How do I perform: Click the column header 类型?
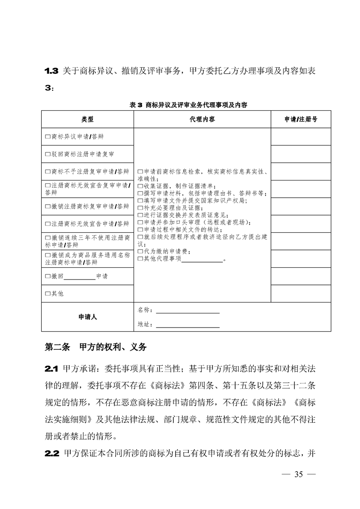click(x=88, y=119)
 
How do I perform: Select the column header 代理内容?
click(x=202, y=119)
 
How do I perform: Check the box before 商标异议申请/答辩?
click(x=48, y=136)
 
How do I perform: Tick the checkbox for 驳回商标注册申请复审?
click(x=48, y=154)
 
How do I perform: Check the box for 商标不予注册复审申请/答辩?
click(x=48, y=171)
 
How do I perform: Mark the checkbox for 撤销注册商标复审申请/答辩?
click(x=48, y=206)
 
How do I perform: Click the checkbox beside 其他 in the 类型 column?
click(x=48, y=294)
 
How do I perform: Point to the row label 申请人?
click(x=88, y=317)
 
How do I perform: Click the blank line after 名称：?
click(x=187, y=311)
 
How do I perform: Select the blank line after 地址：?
click(x=187, y=325)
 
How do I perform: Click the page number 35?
click(x=298, y=475)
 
